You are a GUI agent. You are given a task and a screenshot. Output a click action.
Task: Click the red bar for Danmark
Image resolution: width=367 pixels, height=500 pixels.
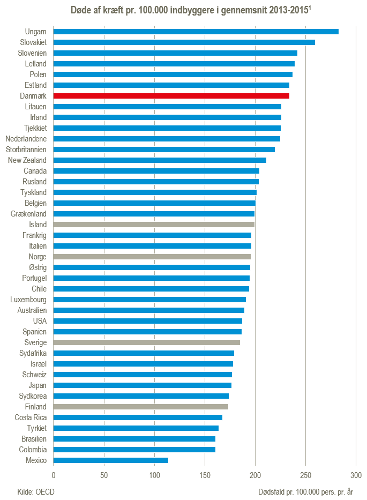pos(171,96)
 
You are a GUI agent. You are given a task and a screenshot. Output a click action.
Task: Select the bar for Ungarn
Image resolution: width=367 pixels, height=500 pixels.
pos(196,32)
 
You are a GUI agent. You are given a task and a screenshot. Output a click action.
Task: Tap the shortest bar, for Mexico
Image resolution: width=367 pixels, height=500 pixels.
pos(111,460)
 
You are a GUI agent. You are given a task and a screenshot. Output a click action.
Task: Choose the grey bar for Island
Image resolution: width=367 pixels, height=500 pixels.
pos(154,225)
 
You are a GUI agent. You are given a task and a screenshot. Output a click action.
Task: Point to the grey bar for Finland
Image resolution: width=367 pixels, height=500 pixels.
pos(141,407)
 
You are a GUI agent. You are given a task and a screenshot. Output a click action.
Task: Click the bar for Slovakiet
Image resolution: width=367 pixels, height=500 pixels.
pos(184,42)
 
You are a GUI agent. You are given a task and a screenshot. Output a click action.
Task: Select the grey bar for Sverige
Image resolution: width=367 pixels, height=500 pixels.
pos(147,342)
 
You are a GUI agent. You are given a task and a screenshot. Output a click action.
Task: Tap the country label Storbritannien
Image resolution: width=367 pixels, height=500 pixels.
pos(26,150)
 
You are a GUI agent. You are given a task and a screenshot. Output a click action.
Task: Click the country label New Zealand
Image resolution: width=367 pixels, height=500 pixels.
pos(27,160)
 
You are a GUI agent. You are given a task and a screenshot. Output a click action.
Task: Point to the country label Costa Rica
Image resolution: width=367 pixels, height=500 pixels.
pos(31,417)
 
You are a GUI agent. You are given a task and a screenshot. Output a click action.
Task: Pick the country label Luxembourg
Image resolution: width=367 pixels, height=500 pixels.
pos(28,300)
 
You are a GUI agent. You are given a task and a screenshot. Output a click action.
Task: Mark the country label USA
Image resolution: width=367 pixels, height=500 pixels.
pos(40,321)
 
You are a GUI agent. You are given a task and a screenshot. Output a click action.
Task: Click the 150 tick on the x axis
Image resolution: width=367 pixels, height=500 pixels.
pos(205,475)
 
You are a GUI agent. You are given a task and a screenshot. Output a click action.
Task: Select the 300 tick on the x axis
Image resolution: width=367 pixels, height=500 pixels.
pos(356,475)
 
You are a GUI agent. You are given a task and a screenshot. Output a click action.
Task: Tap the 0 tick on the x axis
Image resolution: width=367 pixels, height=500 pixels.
pos(54,475)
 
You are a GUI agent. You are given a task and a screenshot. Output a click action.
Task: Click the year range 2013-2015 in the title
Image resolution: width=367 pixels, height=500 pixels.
pos(289,10)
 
